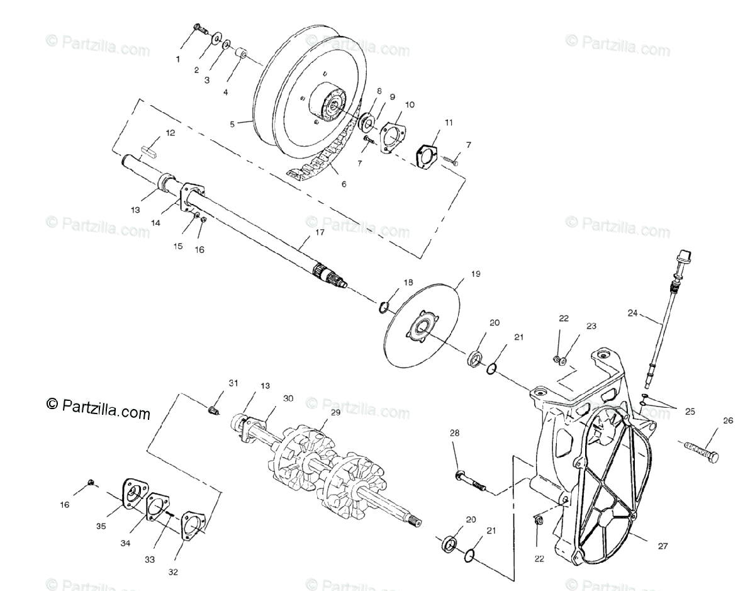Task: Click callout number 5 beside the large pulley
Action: click(232, 125)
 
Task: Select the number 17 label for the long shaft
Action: click(320, 232)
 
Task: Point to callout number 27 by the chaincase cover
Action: click(663, 546)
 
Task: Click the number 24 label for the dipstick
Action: click(632, 313)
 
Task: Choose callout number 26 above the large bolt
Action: click(727, 421)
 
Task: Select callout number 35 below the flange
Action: click(101, 526)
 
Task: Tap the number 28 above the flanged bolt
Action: click(455, 432)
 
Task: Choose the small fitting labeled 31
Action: click(215, 410)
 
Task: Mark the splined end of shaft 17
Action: click(330, 276)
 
